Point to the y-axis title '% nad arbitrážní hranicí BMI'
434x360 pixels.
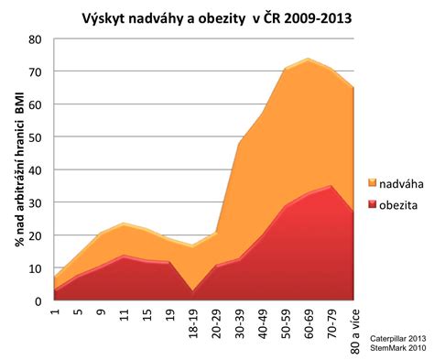(18, 169)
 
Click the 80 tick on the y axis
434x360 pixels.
(36, 39)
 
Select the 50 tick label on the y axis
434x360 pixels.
(36, 137)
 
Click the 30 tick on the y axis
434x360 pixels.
(36, 202)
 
